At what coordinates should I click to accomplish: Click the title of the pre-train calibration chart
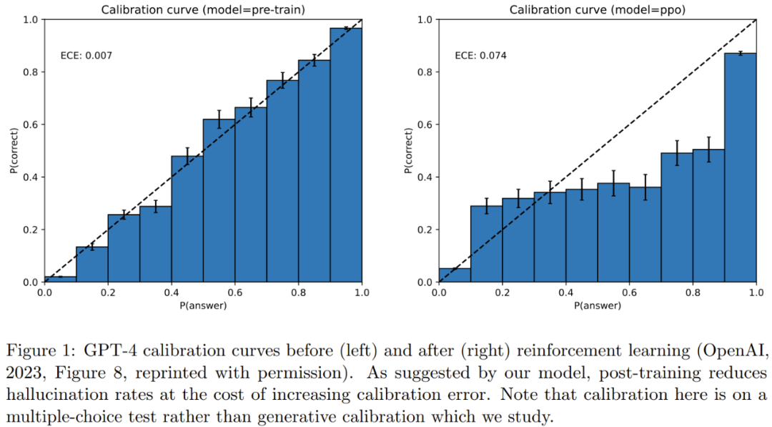[203, 10]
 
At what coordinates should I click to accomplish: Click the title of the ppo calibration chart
[598, 10]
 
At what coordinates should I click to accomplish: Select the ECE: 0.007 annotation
[86, 55]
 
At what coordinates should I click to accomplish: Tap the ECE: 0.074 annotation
[481, 55]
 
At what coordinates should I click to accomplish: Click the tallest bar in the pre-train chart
[346, 154]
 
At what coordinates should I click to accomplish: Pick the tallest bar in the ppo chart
[741, 167]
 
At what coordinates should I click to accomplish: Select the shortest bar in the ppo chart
[455, 275]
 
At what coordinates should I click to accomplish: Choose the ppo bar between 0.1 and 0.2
[486, 244]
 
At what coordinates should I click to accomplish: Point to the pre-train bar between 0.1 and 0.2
[91, 264]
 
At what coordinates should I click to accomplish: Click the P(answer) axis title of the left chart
[203, 306]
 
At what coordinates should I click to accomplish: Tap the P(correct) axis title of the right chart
[407, 150]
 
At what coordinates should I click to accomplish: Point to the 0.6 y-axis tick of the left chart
[30, 124]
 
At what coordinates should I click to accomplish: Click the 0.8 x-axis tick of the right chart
[693, 293]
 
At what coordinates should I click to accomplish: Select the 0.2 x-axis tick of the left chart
[108, 293]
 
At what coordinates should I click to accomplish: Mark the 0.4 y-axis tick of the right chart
[425, 177]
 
